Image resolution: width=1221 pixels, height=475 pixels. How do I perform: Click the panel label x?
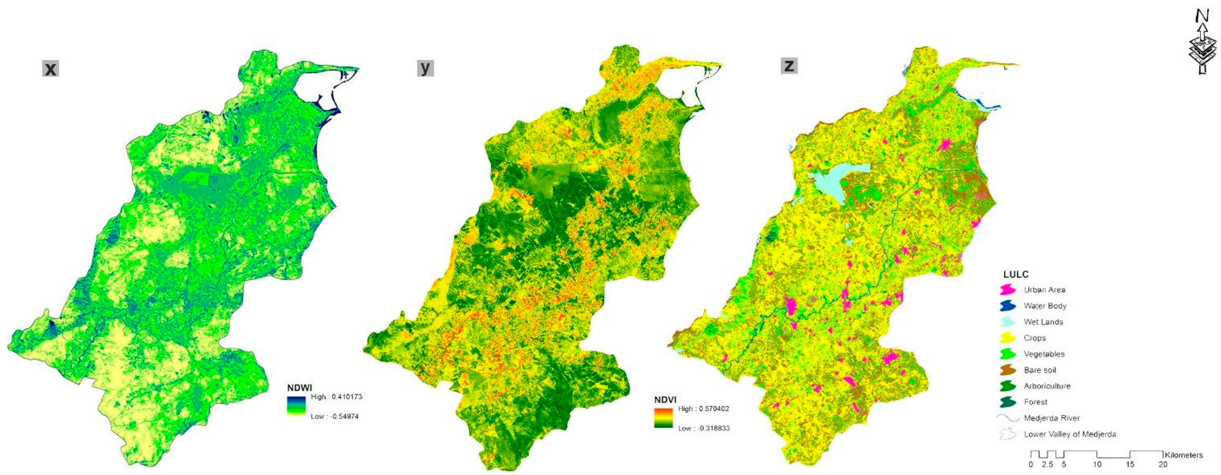(x=51, y=69)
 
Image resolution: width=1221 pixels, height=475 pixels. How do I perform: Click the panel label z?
(x=789, y=65)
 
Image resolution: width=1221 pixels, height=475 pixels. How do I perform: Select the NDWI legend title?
(x=300, y=388)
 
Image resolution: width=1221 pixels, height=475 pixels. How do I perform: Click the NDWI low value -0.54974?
(x=335, y=416)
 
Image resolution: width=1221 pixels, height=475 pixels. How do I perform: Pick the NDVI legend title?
(x=665, y=400)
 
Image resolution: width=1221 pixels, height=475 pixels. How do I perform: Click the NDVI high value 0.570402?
(x=703, y=409)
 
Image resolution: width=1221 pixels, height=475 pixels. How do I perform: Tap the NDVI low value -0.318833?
(x=704, y=428)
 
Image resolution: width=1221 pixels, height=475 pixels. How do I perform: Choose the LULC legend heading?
(x=1016, y=274)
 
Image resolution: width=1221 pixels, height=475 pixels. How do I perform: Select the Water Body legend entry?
(x=1045, y=306)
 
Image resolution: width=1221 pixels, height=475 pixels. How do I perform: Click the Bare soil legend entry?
(x=1040, y=370)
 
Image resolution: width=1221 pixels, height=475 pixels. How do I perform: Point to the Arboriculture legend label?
(x=1047, y=386)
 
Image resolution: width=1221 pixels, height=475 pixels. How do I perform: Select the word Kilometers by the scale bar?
(x=1184, y=455)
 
